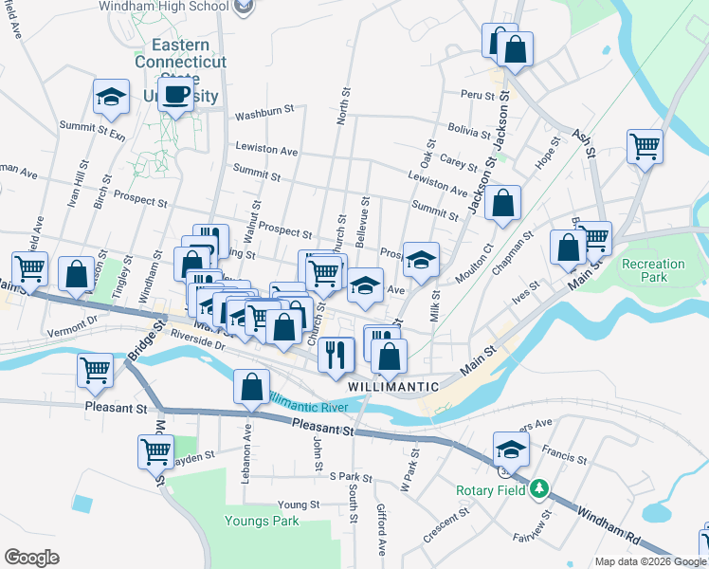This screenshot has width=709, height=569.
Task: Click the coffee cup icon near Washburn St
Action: coord(175,94)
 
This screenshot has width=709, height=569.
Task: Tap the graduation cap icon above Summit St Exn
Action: coord(111,97)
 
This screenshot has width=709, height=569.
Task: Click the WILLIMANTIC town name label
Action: coord(392,387)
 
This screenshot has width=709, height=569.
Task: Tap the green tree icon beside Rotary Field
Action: coord(539,488)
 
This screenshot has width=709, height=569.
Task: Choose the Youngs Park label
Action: coord(262,521)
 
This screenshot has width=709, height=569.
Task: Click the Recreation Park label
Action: coord(653,271)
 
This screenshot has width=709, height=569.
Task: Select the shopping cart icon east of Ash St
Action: coord(645,147)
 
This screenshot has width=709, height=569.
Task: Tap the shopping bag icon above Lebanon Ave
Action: coord(251,387)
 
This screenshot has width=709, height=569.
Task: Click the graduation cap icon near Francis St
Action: coord(510,448)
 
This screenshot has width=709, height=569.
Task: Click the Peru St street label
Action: coord(478,96)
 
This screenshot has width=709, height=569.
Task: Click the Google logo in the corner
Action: coord(32,558)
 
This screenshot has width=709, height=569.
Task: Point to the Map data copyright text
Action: coord(649,561)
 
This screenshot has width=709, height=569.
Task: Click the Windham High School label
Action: coord(163,7)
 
